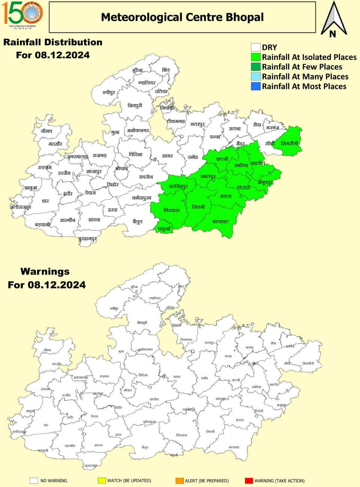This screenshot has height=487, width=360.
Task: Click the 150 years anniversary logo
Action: click(23, 14)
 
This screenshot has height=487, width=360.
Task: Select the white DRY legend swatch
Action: click(255, 47)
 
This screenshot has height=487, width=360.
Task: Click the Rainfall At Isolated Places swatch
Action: click(255, 57)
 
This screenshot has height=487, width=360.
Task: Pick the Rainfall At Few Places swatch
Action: click(255, 67)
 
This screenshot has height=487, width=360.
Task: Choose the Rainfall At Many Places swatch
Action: click(255, 76)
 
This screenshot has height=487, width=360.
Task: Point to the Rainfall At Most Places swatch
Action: click(255, 86)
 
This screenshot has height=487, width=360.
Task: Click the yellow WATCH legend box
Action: click(101, 481)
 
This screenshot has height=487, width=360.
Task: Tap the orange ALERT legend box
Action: click(179, 481)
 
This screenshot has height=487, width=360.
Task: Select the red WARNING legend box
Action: click(248, 481)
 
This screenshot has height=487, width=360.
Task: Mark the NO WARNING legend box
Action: click(34, 481)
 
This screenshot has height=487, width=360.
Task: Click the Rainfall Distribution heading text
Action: click(53, 42)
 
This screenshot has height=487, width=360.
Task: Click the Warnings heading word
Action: click(45, 271)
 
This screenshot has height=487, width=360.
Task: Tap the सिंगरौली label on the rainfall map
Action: click(290, 143)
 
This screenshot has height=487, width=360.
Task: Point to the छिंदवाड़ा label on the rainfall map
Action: click(172, 211)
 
